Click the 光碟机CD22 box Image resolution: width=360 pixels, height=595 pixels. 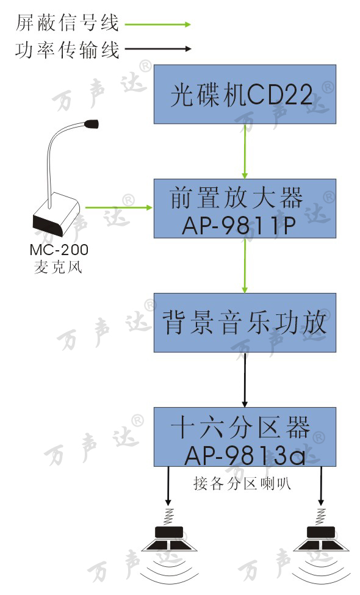[245, 94]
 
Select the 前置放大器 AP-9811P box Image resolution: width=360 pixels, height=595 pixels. [245, 208]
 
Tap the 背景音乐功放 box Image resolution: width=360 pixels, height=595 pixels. [245, 323]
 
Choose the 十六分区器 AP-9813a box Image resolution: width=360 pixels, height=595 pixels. [245, 437]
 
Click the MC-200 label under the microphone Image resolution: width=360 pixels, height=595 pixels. [59, 250]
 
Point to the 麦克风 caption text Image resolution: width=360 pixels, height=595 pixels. [58, 267]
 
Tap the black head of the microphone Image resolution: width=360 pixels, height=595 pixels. [92, 123]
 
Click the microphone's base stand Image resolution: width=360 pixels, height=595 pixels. [57, 215]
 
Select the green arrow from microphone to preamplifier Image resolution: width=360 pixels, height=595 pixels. [119, 207]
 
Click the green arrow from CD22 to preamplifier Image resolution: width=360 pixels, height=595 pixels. [245, 151]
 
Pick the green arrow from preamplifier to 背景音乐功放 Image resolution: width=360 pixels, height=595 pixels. [245, 265]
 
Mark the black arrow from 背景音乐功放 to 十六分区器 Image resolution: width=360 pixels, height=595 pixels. [245, 380]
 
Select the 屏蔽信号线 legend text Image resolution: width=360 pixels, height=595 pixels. [68, 23]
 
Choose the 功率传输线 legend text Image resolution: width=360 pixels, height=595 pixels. [68, 50]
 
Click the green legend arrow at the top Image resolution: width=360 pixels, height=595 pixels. [158, 24]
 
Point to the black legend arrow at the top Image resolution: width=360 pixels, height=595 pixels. [158, 49]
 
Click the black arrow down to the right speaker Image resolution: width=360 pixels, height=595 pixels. [321, 486]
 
